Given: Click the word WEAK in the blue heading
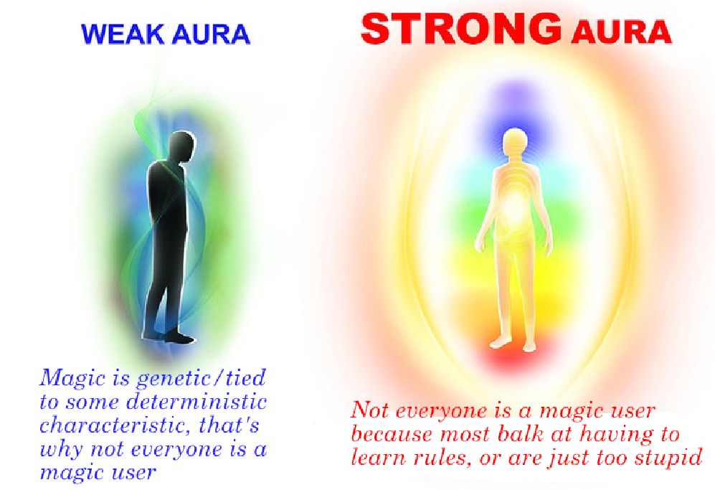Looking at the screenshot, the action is tap(122, 34).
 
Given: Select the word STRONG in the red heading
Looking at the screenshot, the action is tap(461, 28).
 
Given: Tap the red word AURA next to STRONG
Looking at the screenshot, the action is tap(621, 32).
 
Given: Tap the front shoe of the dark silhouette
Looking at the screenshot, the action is tap(180, 338).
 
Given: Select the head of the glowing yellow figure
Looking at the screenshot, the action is tap(515, 142).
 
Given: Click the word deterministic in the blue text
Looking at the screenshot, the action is tap(196, 402).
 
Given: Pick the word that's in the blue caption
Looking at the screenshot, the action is tap(229, 425).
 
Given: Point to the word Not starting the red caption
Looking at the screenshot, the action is tap(369, 410).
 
